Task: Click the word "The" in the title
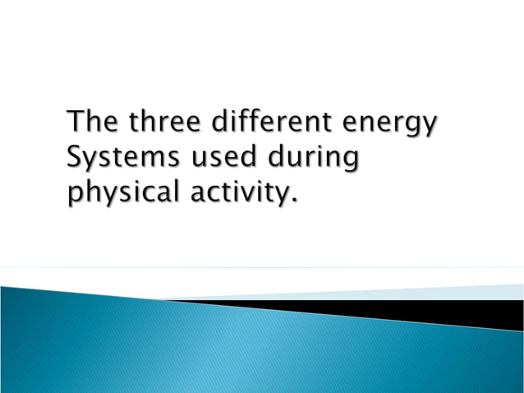point(90,122)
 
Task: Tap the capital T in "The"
point(76,122)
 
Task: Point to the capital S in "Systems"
point(75,157)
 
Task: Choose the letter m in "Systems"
point(148,159)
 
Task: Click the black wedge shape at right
point(460,312)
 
